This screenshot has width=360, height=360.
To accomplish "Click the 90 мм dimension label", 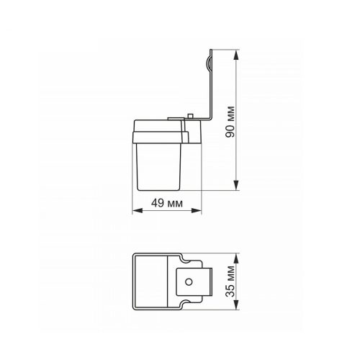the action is coord(230,122).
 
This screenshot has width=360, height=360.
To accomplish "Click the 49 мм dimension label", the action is coord(167,203).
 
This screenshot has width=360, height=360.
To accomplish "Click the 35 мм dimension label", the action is coord(230,282).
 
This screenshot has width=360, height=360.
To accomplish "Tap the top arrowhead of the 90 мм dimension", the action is coord(236,55).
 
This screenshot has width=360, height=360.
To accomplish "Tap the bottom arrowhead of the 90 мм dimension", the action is coord(236,185).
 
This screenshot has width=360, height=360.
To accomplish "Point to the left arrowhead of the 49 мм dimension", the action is coord(138,210).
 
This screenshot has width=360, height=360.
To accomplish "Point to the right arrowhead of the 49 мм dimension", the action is coord(197,210).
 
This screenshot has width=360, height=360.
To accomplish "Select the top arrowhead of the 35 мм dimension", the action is coord(236,258).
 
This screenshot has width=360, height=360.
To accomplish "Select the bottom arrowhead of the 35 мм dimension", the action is coord(236,305).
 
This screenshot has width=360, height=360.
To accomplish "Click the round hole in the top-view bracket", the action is coord(189,282).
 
